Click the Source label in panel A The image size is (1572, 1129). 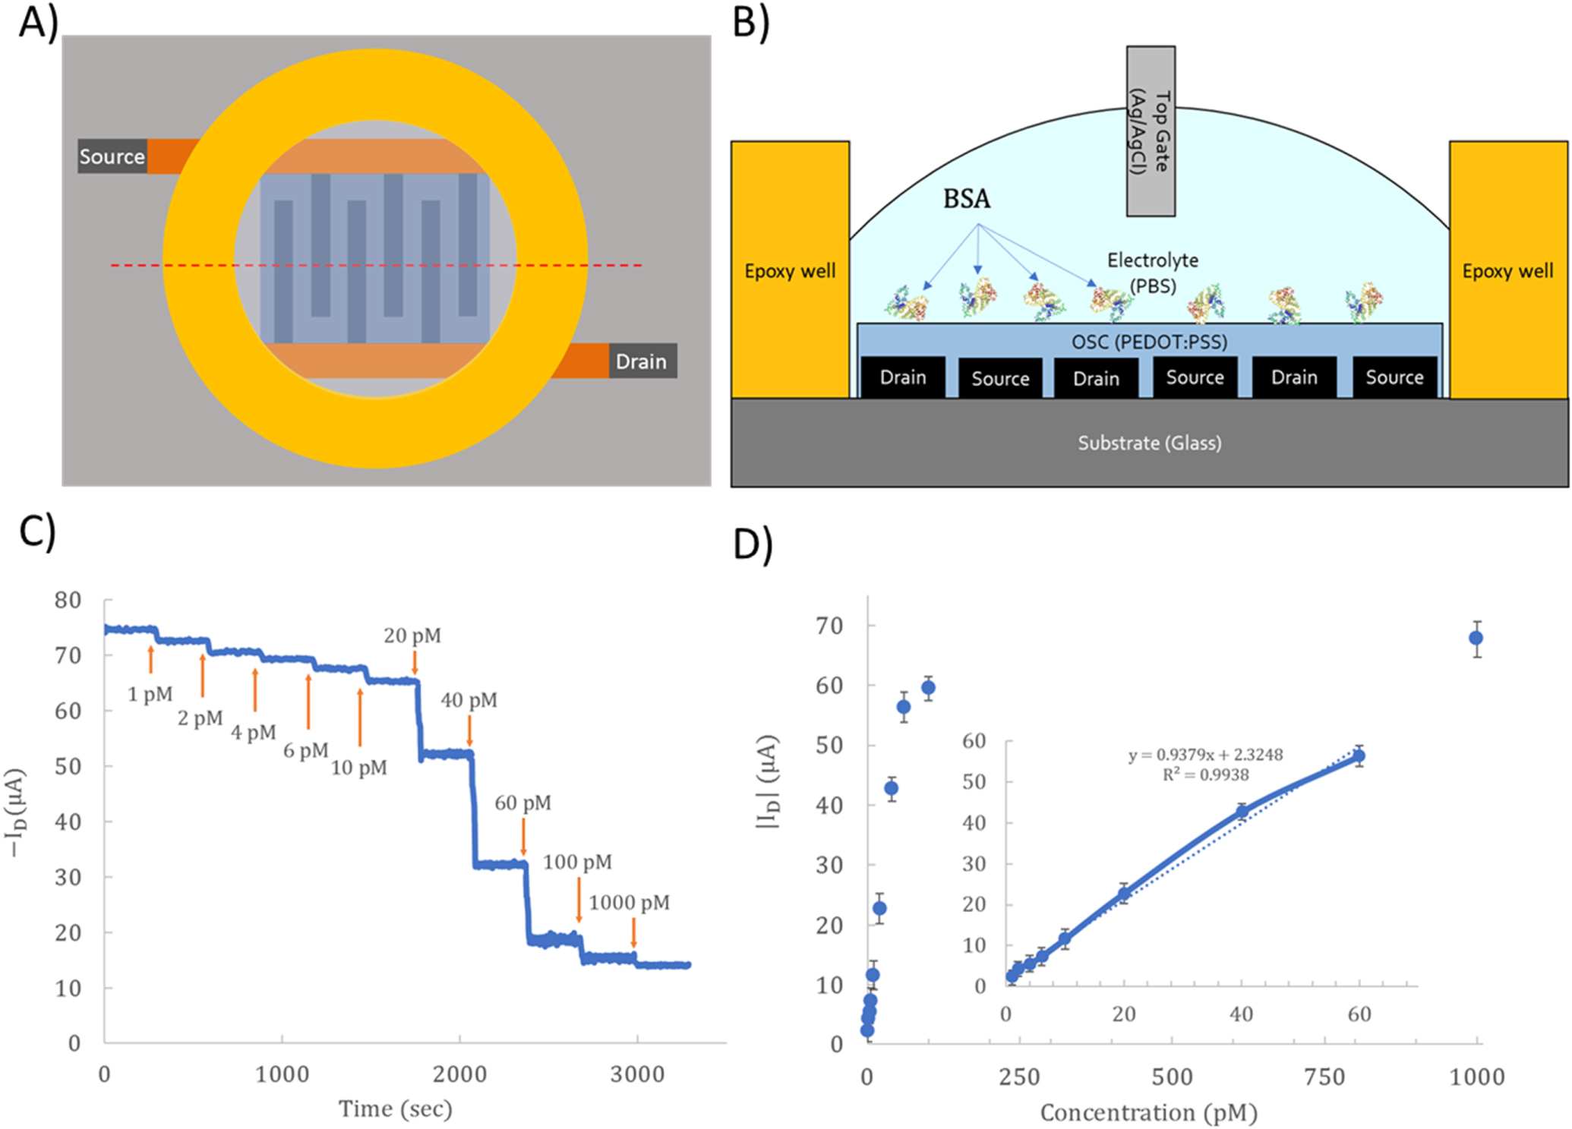[x=112, y=156]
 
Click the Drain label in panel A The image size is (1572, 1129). [x=641, y=361]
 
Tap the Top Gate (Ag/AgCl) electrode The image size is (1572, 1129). [x=1151, y=131]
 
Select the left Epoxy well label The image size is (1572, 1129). [x=790, y=271]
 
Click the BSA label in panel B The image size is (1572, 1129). [x=967, y=199]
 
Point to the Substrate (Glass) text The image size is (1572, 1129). [x=1150, y=443]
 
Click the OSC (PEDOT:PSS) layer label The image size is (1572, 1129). [x=1149, y=342]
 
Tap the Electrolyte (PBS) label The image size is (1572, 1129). [x=1153, y=273]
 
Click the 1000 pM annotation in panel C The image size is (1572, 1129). [x=629, y=903]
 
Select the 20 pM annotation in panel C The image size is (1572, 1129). [x=412, y=635]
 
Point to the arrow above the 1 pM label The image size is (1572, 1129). [x=151, y=659]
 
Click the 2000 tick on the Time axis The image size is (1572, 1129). [x=459, y=1074]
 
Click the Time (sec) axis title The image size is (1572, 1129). [x=395, y=1109]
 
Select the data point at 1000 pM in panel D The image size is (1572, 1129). [x=1476, y=638]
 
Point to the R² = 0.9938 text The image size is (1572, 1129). [x=1205, y=774]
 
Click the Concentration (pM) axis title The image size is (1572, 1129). [x=1148, y=1113]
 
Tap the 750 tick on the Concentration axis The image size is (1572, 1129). [x=1324, y=1077]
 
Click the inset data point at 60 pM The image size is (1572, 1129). [x=1359, y=755]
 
